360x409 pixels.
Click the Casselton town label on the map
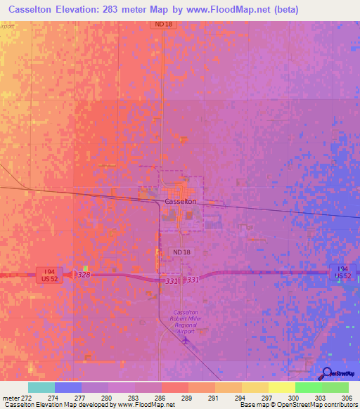pyautogui.click(x=180, y=201)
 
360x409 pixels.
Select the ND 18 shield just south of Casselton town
pyautogui.click(x=179, y=251)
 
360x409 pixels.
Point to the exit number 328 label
pyautogui.click(x=84, y=275)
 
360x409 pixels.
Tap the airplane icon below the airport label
pyautogui.click(x=185, y=341)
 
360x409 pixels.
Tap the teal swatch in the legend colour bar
pyautogui.click(x=41, y=387)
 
